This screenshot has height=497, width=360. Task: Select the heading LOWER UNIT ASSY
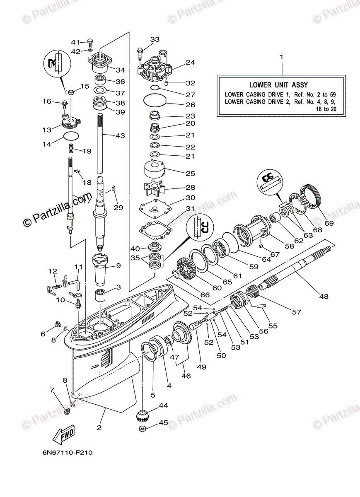click(x=278, y=85)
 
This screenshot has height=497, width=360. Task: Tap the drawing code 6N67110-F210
click(x=67, y=453)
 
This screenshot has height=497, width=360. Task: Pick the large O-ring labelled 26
click(x=155, y=100)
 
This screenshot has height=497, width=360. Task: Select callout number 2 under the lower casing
click(x=99, y=428)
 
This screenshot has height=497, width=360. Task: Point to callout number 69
click(x=329, y=224)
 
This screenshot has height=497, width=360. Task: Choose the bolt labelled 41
click(x=90, y=42)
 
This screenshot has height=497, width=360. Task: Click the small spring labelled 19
click(x=71, y=147)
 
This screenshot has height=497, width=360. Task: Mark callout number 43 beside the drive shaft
click(x=120, y=135)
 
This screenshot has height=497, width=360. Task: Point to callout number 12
click(x=53, y=271)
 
